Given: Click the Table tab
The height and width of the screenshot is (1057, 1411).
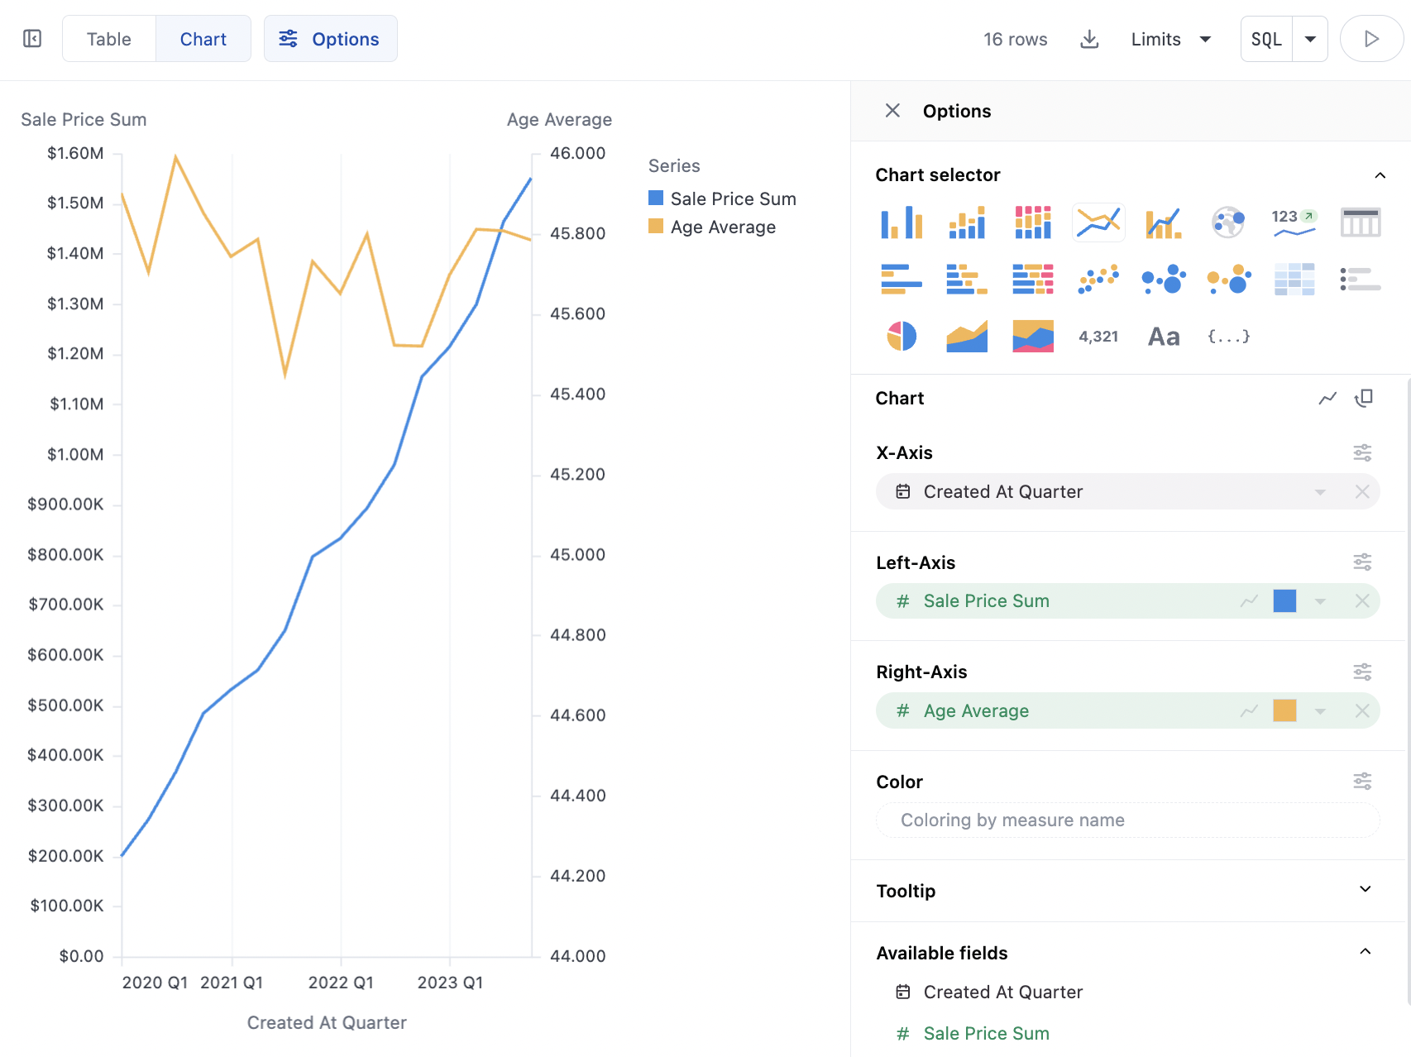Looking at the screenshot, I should click(108, 39).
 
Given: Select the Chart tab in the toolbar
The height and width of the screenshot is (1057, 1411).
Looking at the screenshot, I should click(203, 39).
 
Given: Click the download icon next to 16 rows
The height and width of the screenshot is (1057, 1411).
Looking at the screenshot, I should click(1089, 39).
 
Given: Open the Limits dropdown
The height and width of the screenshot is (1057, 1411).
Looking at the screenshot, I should click(1170, 39).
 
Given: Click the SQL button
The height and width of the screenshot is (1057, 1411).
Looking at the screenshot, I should click(1266, 39).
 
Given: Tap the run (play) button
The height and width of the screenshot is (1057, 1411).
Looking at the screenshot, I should click(1370, 39).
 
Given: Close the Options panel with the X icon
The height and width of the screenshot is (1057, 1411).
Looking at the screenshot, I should click(892, 111).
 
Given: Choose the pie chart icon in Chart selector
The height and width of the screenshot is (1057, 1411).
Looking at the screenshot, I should click(902, 336).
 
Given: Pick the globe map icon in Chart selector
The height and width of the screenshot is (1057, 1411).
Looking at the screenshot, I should click(1228, 222).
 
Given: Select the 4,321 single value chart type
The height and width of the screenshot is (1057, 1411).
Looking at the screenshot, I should click(1098, 336).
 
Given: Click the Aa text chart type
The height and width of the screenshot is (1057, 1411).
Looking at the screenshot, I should click(1164, 336).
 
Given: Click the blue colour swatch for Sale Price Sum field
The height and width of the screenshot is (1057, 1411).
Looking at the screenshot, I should click(1284, 601).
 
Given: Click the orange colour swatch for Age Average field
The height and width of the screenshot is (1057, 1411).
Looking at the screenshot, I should click(1284, 710).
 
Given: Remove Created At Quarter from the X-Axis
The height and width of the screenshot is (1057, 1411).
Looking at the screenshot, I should click(1362, 492).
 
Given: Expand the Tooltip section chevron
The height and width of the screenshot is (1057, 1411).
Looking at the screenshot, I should click(1366, 890).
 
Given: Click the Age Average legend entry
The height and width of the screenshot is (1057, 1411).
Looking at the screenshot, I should click(722, 227).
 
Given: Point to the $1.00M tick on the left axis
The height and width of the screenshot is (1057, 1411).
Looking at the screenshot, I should click(75, 454).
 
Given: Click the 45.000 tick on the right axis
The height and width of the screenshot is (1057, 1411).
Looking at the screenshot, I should click(577, 554).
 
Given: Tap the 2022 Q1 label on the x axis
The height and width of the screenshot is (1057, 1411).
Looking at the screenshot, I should click(341, 983).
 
